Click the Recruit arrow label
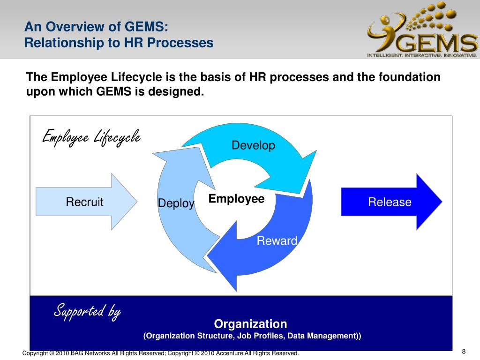[x=84, y=202]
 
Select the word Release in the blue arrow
[x=390, y=202]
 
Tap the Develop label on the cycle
[x=253, y=145]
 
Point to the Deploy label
[x=176, y=203]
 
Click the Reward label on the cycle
[x=277, y=241]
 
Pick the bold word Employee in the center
[x=237, y=199]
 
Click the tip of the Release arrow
[x=441, y=202]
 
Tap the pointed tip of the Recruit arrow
[x=136, y=202]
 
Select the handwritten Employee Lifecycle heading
[x=91, y=137]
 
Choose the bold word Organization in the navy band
[x=250, y=323]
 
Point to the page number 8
[x=464, y=352]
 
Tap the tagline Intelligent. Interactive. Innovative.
[x=422, y=55]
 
